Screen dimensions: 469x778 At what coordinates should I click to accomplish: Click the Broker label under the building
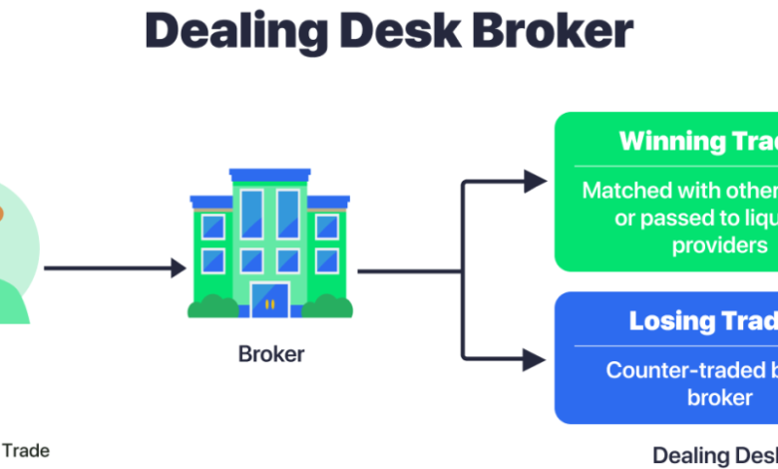[x=271, y=354]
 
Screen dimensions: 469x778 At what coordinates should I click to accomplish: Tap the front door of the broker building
[x=270, y=298]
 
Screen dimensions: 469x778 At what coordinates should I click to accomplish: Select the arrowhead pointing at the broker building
[x=178, y=267]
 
